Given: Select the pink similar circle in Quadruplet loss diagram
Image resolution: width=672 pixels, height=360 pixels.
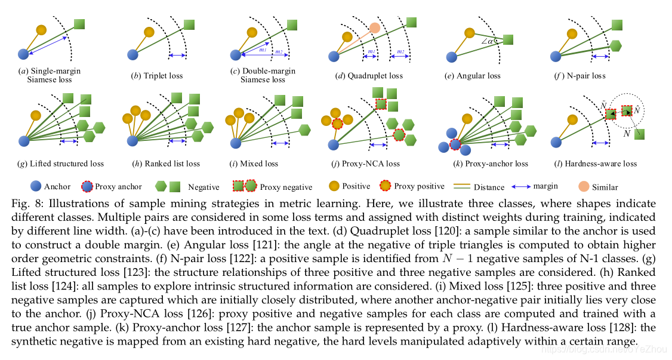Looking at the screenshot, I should [374, 27].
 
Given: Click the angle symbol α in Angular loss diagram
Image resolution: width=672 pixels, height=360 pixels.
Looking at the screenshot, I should [491, 41].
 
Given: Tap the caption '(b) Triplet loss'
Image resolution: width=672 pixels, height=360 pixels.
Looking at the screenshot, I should [157, 76].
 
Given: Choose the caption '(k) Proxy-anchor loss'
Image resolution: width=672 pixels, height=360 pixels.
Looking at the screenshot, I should [484, 163].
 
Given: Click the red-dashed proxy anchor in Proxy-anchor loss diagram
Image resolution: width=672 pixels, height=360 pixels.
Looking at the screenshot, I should [455, 144].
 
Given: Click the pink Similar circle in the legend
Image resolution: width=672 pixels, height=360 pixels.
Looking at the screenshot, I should [584, 186].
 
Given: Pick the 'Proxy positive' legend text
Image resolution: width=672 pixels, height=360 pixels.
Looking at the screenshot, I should [420, 186].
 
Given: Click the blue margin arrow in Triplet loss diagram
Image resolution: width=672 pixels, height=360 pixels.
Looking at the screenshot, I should [177, 56].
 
